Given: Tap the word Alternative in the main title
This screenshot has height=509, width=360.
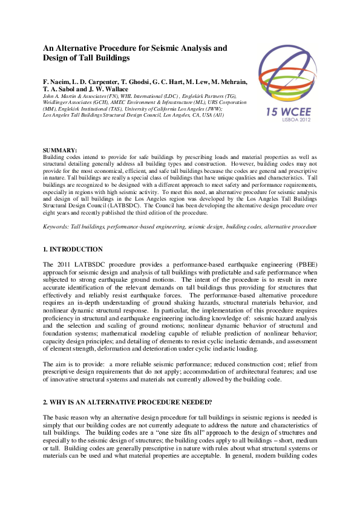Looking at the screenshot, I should click(79, 47).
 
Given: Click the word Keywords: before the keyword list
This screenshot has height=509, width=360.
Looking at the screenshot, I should click(56, 226).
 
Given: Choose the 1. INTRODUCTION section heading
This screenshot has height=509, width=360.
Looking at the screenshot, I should click(73, 249).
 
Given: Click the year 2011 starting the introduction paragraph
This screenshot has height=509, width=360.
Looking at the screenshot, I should click(61, 265).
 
